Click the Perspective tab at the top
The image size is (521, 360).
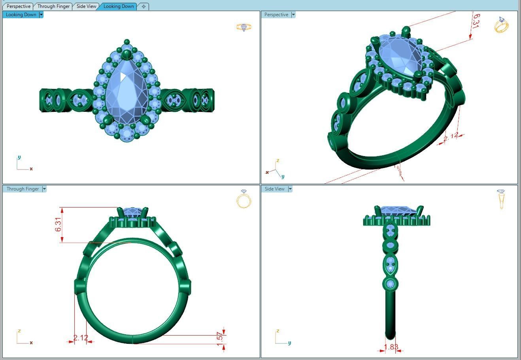[x=18, y=6]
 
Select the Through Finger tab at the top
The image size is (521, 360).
[x=53, y=6]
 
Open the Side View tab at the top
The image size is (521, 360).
[x=86, y=6]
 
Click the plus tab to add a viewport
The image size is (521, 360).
[x=143, y=6]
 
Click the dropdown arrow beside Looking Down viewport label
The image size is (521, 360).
[x=41, y=15]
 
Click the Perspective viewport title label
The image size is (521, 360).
[x=276, y=15]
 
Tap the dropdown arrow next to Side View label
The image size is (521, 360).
[x=290, y=189]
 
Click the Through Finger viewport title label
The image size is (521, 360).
[x=23, y=189]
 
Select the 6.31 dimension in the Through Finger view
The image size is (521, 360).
[x=59, y=224]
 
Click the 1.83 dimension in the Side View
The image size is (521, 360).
[x=391, y=347]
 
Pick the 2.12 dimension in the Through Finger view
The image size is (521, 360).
[x=81, y=338]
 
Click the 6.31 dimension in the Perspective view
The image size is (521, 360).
[x=476, y=21]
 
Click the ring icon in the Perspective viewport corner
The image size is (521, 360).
[x=501, y=25]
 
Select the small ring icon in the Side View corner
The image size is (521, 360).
[x=501, y=199]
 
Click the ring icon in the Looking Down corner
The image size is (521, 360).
[x=244, y=27]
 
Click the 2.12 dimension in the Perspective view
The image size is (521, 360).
[x=451, y=136]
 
